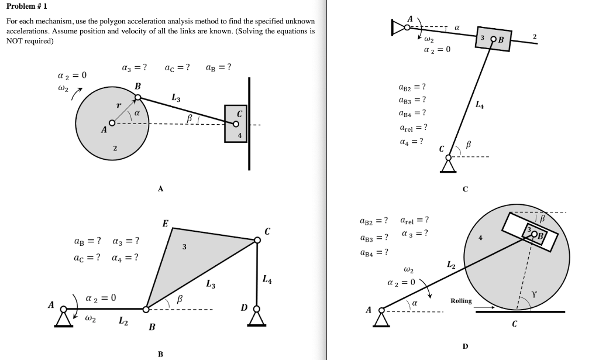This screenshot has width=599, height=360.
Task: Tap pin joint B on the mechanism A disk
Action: (138, 97)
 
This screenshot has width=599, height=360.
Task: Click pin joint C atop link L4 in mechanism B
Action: (257, 239)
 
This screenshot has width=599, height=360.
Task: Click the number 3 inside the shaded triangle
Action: (184, 247)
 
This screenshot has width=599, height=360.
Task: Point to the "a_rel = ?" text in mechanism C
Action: (413, 127)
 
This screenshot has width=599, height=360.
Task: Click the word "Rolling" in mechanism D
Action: (461, 300)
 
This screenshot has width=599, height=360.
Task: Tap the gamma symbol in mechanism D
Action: (535, 294)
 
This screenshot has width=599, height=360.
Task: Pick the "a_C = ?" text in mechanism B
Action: (87, 257)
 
